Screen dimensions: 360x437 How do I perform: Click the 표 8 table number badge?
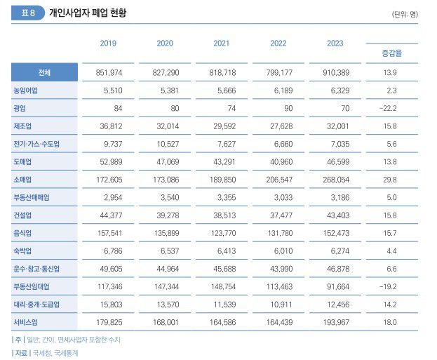(x=28, y=13)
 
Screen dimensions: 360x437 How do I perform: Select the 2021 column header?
(x=222, y=44)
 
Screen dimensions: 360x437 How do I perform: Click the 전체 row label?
(x=44, y=72)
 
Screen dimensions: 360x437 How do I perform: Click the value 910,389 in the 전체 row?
(x=335, y=72)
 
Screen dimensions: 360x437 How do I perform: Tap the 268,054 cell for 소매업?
(x=335, y=180)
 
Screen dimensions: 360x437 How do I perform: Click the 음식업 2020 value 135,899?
(x=164, y=233)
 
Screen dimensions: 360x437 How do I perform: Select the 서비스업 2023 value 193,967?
(x=335, y=322)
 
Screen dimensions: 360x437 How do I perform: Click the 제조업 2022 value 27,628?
(x=278, y=126)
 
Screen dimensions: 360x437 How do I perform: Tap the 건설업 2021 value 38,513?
(x=222, y=215)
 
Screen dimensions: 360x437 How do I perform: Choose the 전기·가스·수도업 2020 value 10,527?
(x=164, y=144)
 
